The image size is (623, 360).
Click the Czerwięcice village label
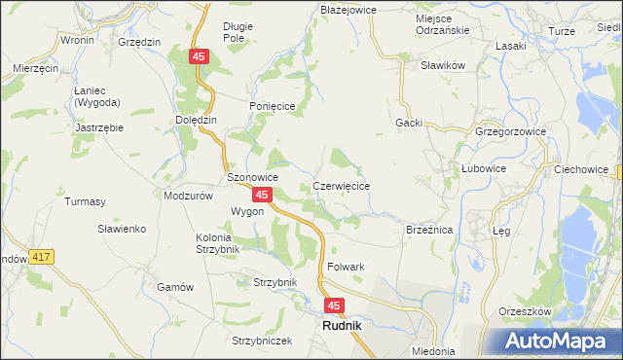[341, 185]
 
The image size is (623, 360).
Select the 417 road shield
[40, 257]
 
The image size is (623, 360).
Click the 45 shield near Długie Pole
[199, 58]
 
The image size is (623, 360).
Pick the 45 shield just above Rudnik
[334, 306]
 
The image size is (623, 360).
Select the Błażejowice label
[348, 9]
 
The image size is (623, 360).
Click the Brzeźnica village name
[429, 230]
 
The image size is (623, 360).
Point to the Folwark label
[346, 267]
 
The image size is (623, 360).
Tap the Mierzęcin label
[37, 69]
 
